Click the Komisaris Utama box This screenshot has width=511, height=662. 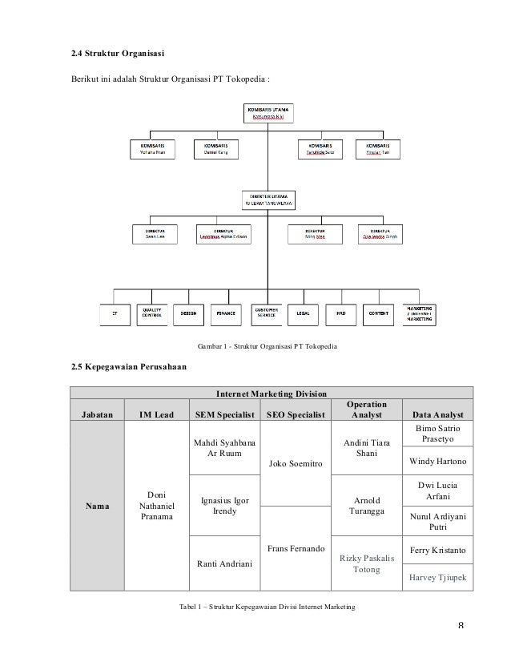point(268,113)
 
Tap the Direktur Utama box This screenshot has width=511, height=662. point(268,200)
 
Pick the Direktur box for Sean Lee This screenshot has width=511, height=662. point(154,233)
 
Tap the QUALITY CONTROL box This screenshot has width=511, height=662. point(152,313)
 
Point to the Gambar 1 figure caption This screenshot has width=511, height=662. point(268,346)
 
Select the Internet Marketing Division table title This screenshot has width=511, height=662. point(272,394)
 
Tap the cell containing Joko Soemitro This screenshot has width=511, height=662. point(296,462)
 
